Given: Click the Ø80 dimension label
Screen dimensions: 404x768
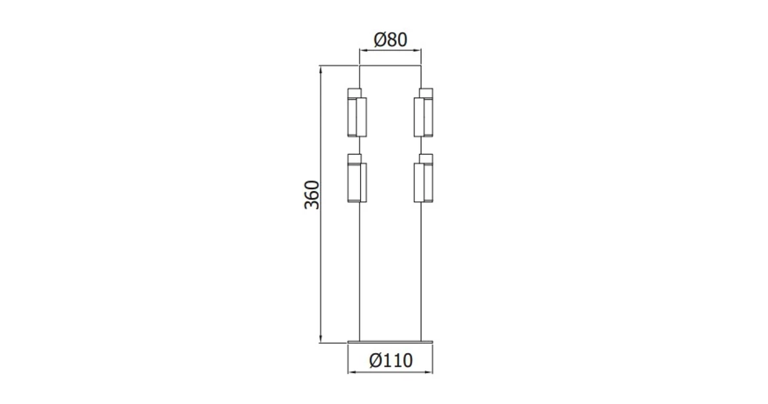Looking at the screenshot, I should click(x=390, y=40).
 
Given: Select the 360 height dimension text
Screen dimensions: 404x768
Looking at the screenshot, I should click(x=312, y=193).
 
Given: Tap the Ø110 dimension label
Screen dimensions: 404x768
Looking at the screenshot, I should click(x=391, y=360).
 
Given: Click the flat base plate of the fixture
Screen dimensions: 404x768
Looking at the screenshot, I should click(x=391, y=341).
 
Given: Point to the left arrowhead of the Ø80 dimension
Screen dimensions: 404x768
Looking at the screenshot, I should click(x=362, y=50).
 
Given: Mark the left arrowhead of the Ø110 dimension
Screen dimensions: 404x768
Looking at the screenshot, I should click(x=352, y=373).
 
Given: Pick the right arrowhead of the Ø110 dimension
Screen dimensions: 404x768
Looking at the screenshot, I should click(x=430, y=373).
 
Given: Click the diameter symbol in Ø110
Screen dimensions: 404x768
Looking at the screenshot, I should click(x=375, y=360).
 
